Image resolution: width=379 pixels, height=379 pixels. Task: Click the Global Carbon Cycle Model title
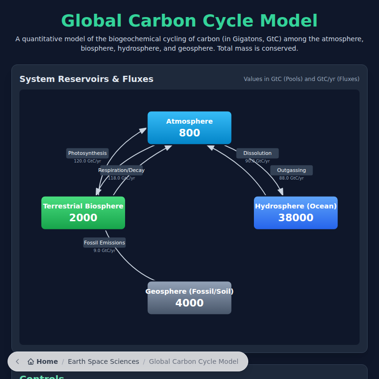pos(189,21)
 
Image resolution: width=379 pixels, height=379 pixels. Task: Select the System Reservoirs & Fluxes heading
pos(86,79)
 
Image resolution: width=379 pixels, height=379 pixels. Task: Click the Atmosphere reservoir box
pos(189,127)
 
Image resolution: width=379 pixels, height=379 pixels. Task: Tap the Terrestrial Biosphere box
pos(83,213)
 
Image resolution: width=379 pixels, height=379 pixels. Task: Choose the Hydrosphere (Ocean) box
pos(296,213)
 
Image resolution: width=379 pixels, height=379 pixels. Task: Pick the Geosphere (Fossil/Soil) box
pos(189,298)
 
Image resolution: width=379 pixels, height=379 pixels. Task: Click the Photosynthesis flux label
pos(87,153)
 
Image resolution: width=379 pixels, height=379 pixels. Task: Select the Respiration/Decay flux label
pos(121,170)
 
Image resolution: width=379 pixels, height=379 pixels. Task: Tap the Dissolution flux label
pos(257,153)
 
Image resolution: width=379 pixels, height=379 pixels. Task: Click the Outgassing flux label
pos(291,170)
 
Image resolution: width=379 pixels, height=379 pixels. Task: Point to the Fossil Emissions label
pos(104,243)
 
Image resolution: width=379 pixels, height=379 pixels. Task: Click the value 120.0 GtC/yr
pos(87,161)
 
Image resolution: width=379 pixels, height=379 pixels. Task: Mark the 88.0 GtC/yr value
pos(291,178)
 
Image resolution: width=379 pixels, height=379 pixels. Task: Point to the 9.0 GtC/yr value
pos(104,251)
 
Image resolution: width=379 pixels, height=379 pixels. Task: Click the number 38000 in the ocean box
pos(296,218)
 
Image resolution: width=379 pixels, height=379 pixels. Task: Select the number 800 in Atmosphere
pos(189,133)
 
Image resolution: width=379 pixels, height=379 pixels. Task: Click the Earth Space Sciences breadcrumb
pos(103,361)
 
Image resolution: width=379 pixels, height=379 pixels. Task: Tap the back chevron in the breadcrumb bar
pos(18,361)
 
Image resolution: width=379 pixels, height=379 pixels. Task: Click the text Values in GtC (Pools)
pos(273,79)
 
